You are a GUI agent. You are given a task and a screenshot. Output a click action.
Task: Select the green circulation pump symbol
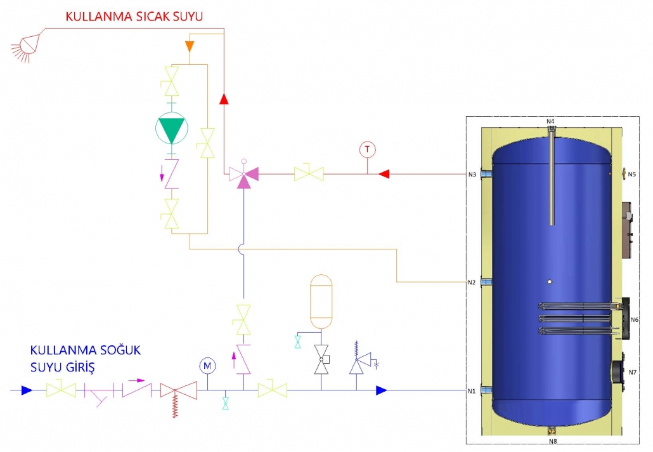tap(172, 128)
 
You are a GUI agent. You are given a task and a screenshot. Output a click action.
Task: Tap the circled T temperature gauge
tap(367, 150)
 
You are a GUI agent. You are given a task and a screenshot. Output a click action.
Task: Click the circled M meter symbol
tap(207, 366)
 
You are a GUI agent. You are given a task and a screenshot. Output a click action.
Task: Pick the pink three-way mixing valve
tap(244, 174)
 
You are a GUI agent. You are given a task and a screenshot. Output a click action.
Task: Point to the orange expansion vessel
tap(321, 301)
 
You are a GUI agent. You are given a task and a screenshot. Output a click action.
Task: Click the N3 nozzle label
tap(472, 175)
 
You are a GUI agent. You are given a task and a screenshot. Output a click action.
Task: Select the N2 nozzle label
tap(472, 282)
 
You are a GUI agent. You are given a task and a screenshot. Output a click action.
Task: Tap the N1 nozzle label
tap(472, 391)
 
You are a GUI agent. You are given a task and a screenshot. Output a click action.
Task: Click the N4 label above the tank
tap(550, 121)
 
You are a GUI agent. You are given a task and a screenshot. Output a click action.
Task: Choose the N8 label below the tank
tap(553, 441)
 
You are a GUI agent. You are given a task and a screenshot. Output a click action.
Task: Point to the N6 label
tap(634, 320)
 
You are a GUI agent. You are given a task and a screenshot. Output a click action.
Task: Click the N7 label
tap(633, 373)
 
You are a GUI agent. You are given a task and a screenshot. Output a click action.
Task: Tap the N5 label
tap(631, 175)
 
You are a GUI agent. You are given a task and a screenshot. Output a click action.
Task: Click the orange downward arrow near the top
tap(190, 46)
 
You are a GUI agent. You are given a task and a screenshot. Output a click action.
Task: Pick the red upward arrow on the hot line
tap(224, 99)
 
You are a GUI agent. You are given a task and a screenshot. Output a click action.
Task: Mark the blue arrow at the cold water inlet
tap(27, 390)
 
